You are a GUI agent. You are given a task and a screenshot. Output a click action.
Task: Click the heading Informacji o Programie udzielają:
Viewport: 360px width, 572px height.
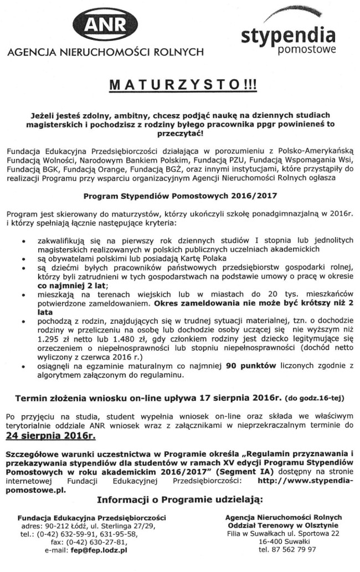point(179,500)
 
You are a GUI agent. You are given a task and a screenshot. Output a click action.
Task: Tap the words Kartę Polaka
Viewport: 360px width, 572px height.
point(204,258)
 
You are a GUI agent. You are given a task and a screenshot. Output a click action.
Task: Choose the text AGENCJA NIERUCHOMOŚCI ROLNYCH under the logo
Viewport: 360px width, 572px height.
point(106,53)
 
